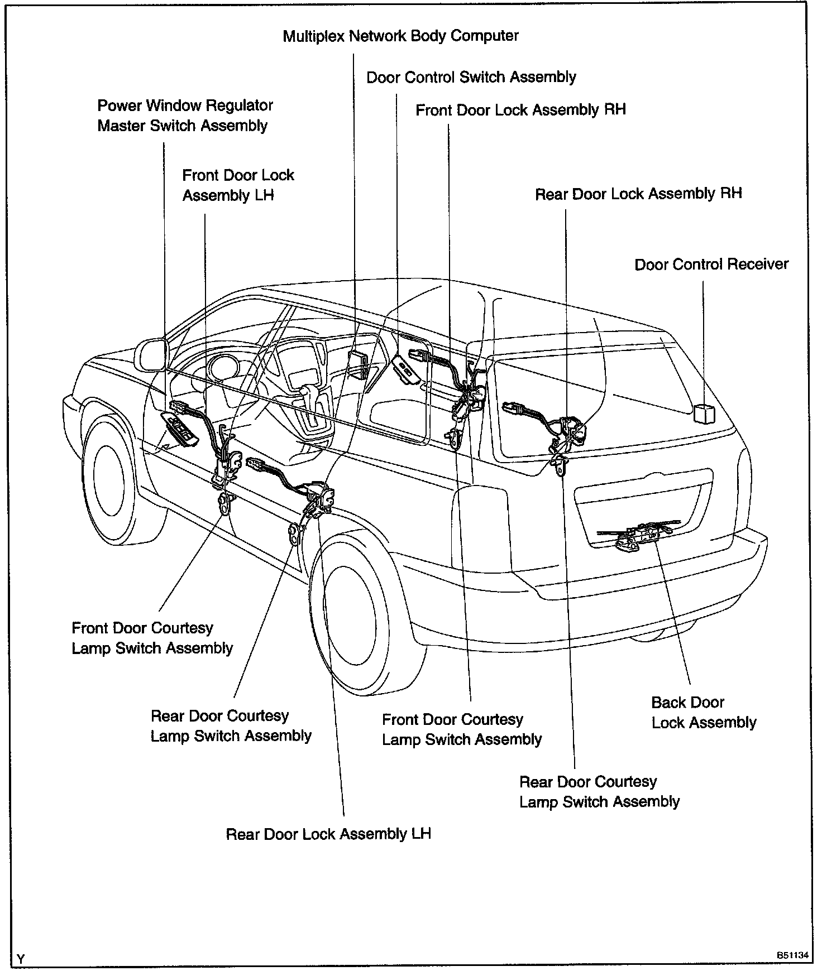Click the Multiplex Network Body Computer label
(x=400, y=36)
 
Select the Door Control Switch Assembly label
(x=471, y=77)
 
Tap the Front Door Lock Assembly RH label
(x=520, y=110)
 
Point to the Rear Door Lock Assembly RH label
(x=638, y=194)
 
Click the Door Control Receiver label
(x=711, y=264)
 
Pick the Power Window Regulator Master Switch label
(x=185, y=116)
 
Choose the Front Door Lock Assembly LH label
(x=238, y=185)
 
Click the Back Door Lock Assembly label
(x=704, y=713)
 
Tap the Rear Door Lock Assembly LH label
(x=328, y=834)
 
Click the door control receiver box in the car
(x=703, y=414)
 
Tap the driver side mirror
(x=151, y=354)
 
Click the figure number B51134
(x=791, y=955)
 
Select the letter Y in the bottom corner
(x=21, y=959)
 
